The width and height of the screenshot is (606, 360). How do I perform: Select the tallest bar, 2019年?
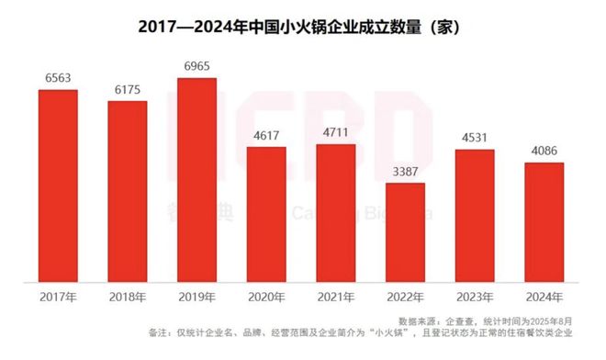(196, 179)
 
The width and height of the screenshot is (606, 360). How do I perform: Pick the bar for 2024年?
(544, 221)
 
